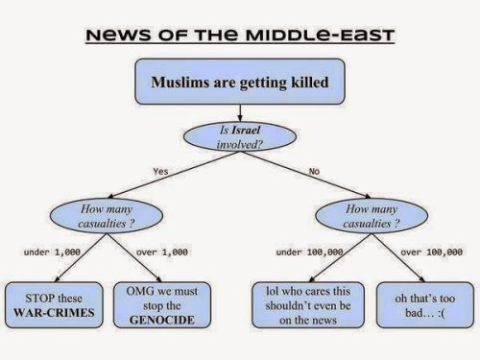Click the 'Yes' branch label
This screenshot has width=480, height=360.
161,171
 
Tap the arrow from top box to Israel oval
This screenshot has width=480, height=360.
240,111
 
